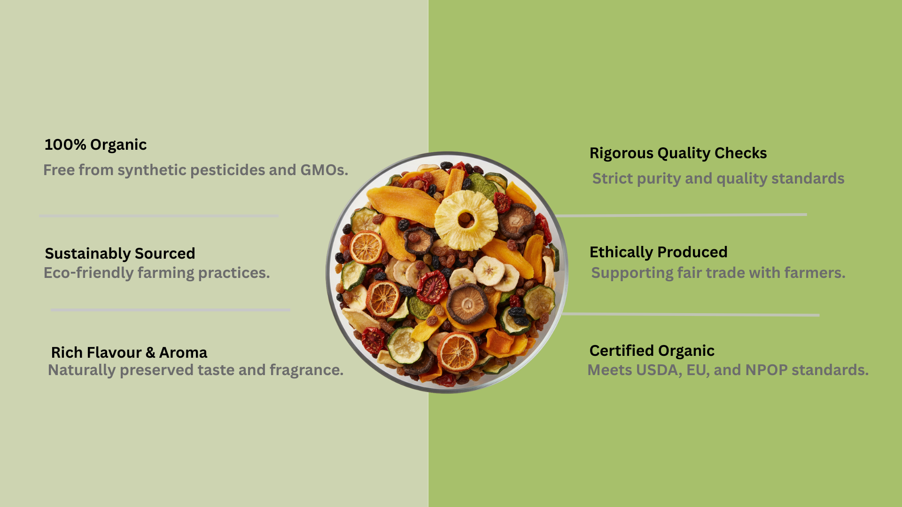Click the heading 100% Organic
[x=95, y=145]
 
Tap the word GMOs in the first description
[x=323, y=170]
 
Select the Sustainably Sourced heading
[x=120, y=253]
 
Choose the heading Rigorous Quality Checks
[x=678, y=153]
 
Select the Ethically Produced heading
[x=658, y=252]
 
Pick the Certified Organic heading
[x=652, y=351]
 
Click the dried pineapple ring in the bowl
[x=466, y=220]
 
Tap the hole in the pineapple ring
[x=466, y=218]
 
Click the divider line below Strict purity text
[x=681, y=215]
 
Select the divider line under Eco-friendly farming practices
[x=171, y=310]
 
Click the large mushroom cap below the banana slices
[x=467, y=304]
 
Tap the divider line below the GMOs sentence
[x=159, y=216]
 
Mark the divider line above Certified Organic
[x=691, y=315]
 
